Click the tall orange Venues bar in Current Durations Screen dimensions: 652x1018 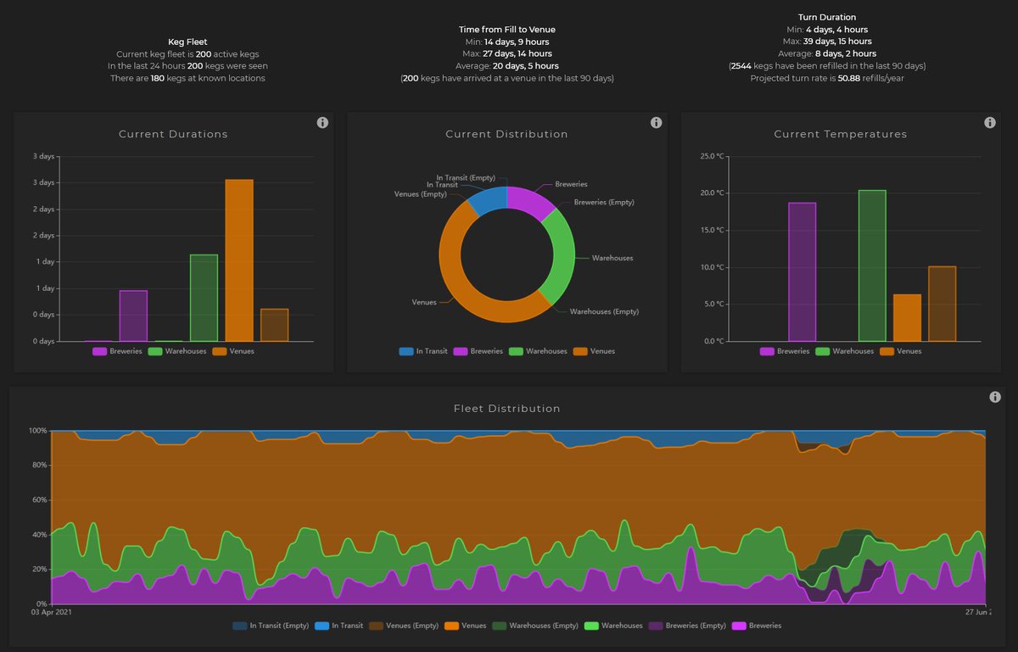238,260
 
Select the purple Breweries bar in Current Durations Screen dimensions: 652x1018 133,315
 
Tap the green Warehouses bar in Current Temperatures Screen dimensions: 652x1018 872,265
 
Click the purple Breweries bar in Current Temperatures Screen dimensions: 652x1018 802,271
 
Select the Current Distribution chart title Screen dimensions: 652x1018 506,134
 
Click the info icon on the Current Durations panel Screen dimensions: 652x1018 322,123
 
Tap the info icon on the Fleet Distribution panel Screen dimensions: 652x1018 995,398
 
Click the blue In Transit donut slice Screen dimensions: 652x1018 487,200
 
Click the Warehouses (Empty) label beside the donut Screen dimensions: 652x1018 603,312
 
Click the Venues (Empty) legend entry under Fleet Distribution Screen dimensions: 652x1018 411,626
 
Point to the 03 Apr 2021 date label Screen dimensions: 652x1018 53,611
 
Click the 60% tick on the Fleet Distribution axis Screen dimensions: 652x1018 38,500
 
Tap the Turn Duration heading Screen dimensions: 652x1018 827,17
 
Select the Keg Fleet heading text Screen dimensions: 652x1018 187,41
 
